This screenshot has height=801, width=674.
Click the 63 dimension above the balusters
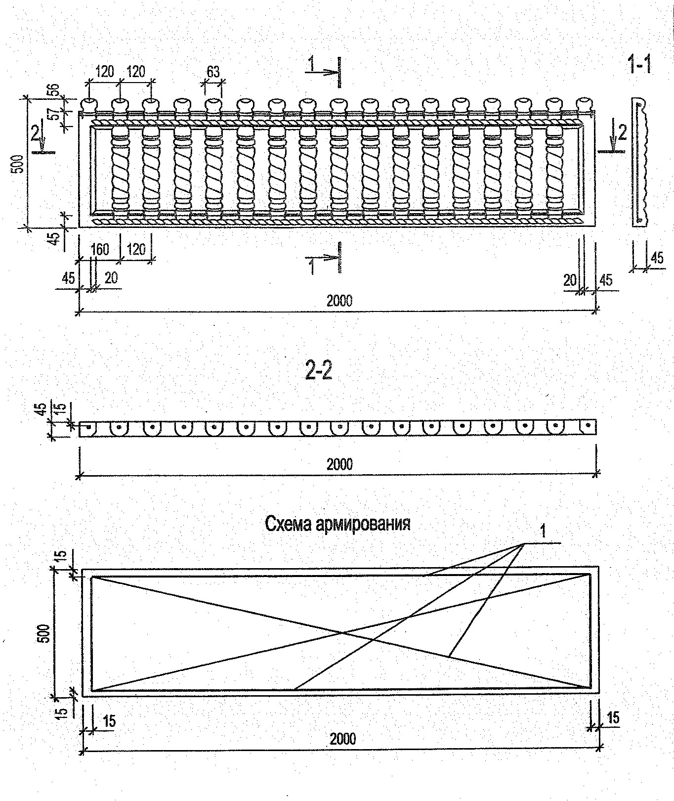[213, 72]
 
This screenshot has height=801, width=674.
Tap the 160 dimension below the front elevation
[100, 249]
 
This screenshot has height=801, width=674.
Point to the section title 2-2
[319, 372]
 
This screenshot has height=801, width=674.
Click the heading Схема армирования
[337, 524]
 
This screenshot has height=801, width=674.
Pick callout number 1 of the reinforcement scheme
[543, 532]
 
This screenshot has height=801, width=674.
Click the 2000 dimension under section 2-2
[339, 464]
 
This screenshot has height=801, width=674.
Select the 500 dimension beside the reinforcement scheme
[44, 633]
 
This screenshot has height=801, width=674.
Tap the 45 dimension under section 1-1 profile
[657, 258]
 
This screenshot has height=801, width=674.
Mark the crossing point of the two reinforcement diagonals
[342, 632]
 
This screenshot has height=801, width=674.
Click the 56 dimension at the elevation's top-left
[54, 90]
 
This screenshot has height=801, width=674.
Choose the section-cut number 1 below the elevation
[311, 267]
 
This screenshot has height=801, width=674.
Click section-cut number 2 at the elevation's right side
[622, 133]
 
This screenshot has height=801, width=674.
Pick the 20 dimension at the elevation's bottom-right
[570, 280]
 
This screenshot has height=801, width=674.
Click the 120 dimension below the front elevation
[136, 249]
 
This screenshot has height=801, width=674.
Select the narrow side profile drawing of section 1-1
[639, 162]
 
